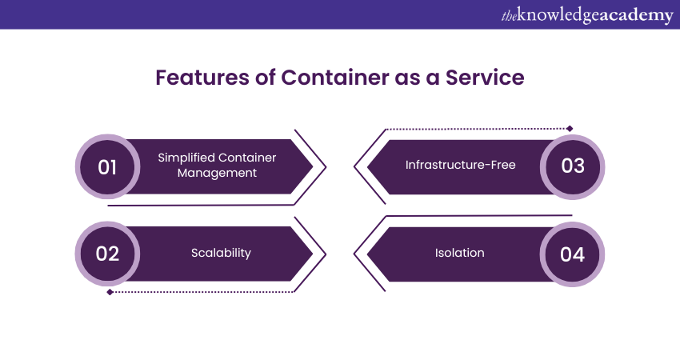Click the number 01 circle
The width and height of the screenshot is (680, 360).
[x=107, y=166]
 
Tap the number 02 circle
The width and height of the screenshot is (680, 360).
[x=107, y=254]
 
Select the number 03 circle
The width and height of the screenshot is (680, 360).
[x=573, y=166]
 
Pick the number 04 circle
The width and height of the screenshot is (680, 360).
[x=573, y=254]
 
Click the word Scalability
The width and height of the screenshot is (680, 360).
[x=221, y=253]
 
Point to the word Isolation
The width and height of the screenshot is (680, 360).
[x=459, y=253]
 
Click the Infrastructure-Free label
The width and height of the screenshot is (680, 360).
[x=460, y=166]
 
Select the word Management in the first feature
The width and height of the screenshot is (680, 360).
[x=217, y=173]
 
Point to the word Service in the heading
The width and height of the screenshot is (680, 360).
[x=485, y=78]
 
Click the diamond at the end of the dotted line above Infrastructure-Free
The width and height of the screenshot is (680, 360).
[x=570, y=128]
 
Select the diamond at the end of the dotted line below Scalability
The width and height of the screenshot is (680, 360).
[x=110, y=291]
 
